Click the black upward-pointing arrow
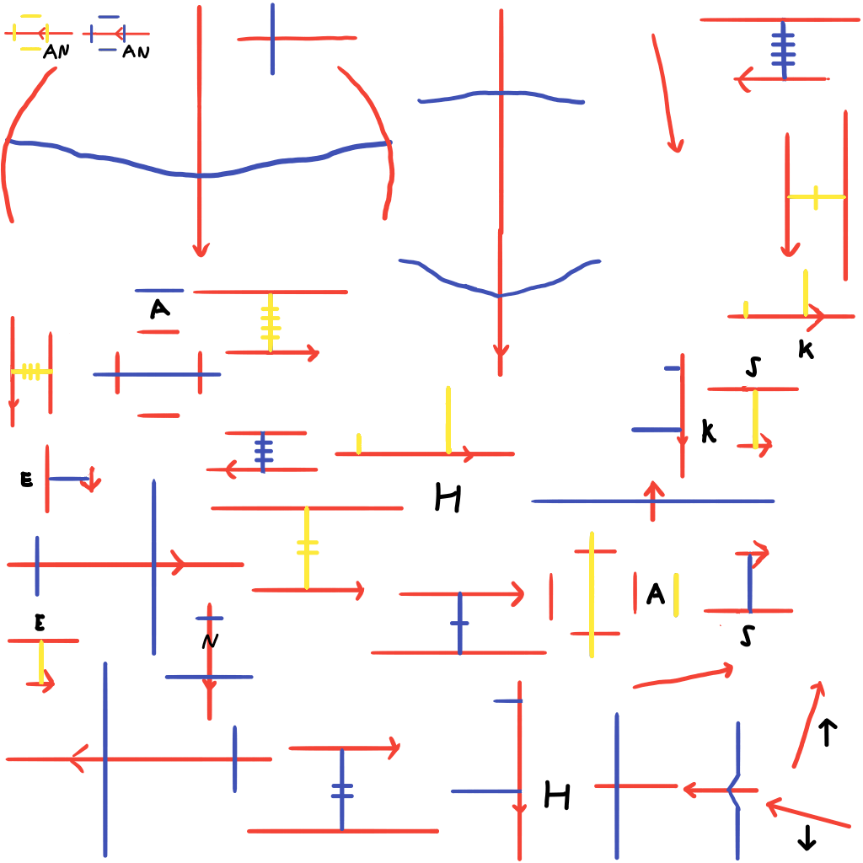coord(827,732)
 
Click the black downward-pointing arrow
coord(807,837)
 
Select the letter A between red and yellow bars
coord(655,595)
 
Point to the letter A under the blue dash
coord(159,310)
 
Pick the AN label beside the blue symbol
coord(136,51)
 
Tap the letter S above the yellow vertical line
coord(753,367)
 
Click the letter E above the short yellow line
coord(40,623)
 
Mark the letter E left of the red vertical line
coord(26,480)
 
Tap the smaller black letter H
coord(557,795)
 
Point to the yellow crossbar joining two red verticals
coord(816,197)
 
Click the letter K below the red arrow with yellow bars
coord(806,351)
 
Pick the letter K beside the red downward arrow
coord(708,432)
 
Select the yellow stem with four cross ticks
coord(270,323)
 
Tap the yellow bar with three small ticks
coord(31,371)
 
